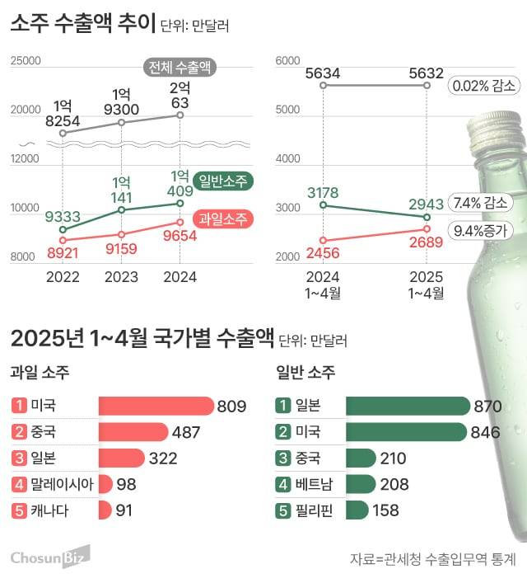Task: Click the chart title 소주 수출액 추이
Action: (x=82, y=25)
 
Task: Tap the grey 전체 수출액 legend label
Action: (x=180, y=68)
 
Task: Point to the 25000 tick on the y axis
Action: (x=26, y=60)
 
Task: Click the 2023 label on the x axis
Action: (x=121, y=276)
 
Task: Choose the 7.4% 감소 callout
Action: (x=481, y=202)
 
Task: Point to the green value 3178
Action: (x=323, y=193)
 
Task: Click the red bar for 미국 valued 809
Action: (x=156, y=405)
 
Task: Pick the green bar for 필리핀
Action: (x=357, y=510)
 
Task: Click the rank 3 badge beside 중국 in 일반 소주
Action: (x=283, y=458)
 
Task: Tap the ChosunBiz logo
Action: (x=49, y=558)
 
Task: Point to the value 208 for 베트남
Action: (x=394, y=484)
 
